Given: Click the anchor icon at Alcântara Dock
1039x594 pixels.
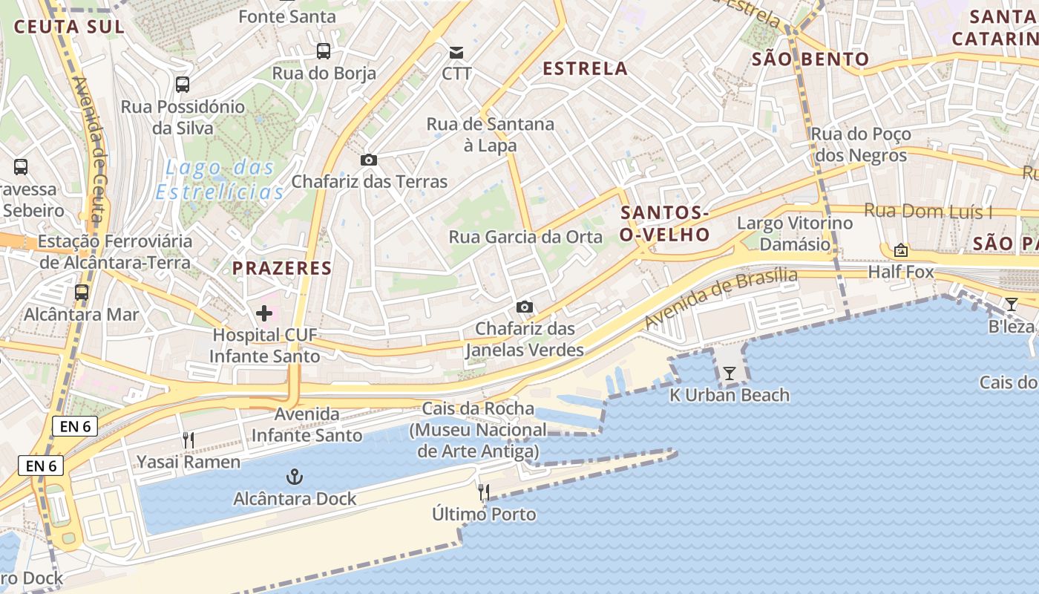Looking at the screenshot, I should click(295, 476).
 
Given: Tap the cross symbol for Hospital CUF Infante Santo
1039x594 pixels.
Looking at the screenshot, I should click(264, 313).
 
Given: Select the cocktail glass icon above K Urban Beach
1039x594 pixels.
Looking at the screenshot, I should click(730, 373).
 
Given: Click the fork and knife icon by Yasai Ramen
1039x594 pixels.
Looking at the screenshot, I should click(189, 440).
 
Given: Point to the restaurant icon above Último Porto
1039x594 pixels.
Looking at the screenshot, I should click(484, 492).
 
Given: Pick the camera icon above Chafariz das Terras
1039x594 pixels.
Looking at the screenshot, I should click(368, 160).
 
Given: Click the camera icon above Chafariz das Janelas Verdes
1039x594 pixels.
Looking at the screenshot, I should click(525, 307).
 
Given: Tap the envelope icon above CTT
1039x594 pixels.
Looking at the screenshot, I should click(456, 52).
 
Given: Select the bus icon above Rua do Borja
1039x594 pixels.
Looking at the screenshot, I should click(324, 51).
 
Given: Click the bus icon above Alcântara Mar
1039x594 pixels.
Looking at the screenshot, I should click(82, 293).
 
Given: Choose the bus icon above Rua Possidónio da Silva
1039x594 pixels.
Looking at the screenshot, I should click(183, 85).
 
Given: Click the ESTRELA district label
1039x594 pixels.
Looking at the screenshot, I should click(585, 68).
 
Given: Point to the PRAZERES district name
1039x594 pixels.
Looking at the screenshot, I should click(282, 268).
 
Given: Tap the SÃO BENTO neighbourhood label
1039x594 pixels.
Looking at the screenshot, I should click(810, 59).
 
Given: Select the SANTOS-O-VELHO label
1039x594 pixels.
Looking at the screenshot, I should click(665, 223).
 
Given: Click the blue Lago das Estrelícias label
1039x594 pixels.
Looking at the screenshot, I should click(220, 180).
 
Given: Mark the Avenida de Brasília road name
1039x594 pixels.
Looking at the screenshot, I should click(721, 298).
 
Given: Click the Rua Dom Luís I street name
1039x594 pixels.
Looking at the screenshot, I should click(928, 212).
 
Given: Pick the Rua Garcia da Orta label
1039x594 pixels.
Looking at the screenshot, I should click(525, 237).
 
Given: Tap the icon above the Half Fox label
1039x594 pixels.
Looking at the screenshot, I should click(901, 250).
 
